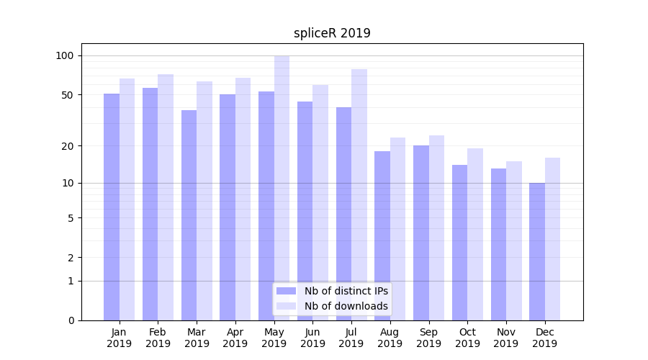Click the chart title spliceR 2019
coord(332,33)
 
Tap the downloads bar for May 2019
coord(282,188)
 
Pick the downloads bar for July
coord(359,194)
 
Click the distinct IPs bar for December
coord(537,251)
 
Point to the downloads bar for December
coord(552,239)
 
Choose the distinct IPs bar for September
coord(421,233)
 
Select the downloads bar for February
coord(166,197)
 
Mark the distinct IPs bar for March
coord(189,215)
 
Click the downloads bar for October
coord(475,234)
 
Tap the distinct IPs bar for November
coord(498,244)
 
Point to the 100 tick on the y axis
coord(65,56)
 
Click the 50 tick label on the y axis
coord(68,95)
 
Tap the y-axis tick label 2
coord(71,258)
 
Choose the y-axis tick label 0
coord(71,320)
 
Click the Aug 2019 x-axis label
coord(390,338)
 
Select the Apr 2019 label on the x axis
coord(235,338)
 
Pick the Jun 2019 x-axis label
coord(312,338)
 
